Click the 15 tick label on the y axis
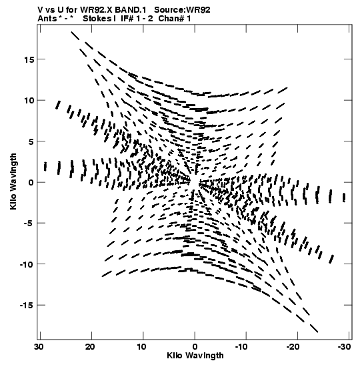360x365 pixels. [29, 59]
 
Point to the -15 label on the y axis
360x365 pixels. [27, 305]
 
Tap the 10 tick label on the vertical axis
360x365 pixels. [29, 101]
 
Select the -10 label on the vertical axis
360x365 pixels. [27, 264]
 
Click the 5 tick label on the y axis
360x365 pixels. [31, 141]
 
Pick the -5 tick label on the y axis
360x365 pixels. [29, 224]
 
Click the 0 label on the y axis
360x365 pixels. [31, 183]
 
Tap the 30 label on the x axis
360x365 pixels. [39, 347]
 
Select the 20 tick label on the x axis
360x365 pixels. [90, 347]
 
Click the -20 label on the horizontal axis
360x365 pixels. [294, 347]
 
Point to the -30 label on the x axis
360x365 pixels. [344, 347]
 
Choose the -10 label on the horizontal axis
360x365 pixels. [243, 347]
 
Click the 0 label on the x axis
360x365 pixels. [195, 347]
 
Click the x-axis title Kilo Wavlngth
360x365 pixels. [195, 356]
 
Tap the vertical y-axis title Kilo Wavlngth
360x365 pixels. [13, 181]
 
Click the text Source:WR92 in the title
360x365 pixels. [182, 10]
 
